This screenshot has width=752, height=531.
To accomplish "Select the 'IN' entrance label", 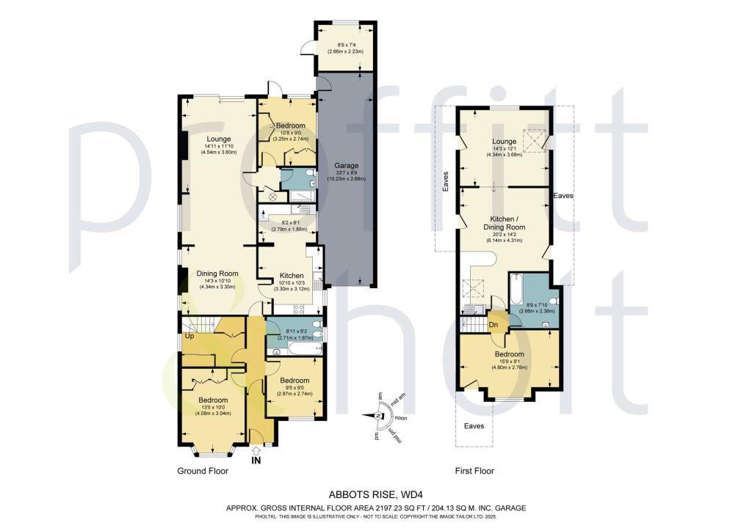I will click(x=256, y=461).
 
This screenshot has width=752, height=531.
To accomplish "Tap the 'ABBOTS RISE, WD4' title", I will click(x=375, y=495).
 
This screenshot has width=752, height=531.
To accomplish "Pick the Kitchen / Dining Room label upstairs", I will click(x=505, y=222).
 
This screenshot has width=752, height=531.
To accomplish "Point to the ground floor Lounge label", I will click(x=218, y=139).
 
